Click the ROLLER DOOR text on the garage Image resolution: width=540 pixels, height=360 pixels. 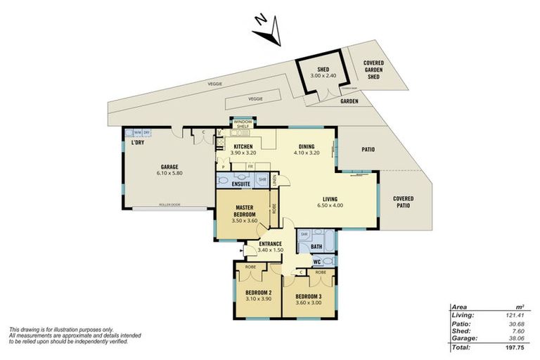168,207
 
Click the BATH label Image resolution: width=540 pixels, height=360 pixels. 316,247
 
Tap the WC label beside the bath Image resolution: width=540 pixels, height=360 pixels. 316,262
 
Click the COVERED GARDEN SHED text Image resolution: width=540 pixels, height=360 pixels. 373,70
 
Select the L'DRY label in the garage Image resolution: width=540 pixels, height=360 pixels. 137,143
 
